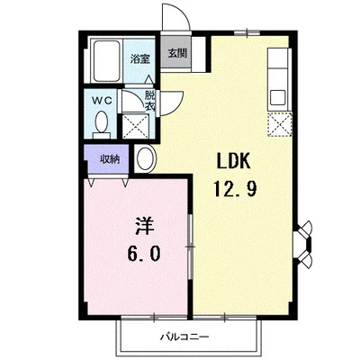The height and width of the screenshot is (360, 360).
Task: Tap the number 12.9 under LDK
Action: coord(237,190)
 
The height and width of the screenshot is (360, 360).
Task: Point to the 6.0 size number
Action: coord(142,254)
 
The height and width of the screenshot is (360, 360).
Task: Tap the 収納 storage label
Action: coord(109,157)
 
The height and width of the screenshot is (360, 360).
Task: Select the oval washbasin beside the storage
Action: coord(146,159)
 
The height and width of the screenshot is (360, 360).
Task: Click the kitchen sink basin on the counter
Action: coord(277,95)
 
